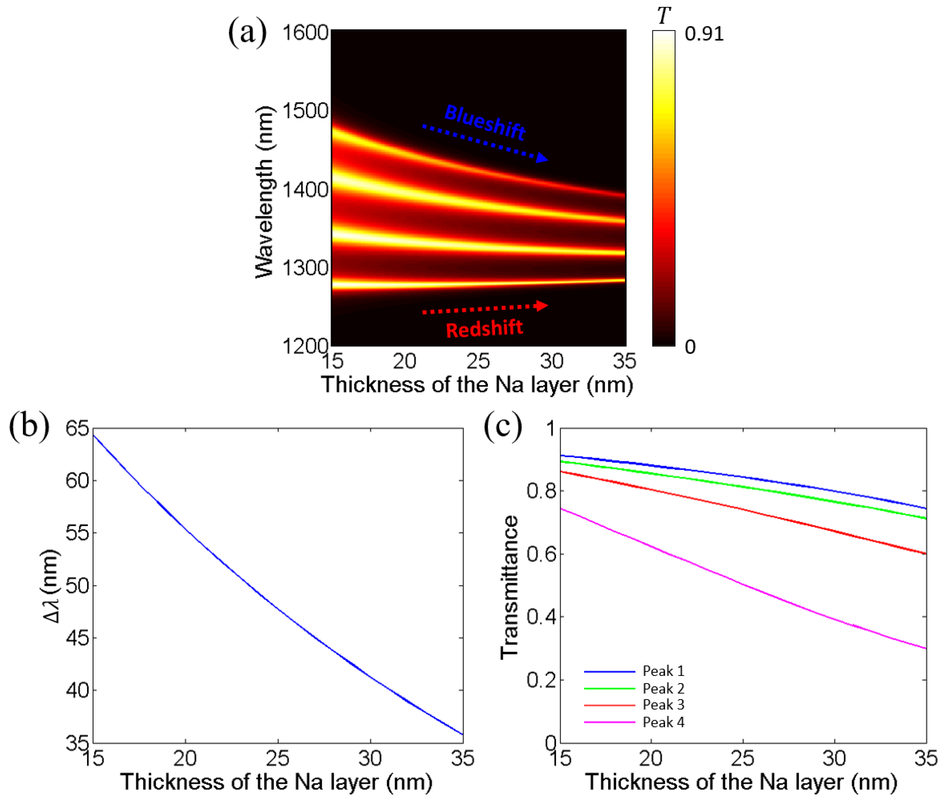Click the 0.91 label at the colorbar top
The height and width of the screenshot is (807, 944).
704,34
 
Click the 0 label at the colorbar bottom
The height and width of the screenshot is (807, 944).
690,347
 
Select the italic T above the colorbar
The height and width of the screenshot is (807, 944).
664,16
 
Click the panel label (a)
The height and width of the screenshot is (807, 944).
247,33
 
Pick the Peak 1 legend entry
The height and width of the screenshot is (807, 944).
663,671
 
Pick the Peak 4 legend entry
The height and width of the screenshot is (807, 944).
663,722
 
